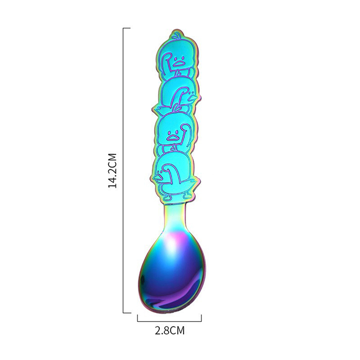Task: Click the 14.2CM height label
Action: click(x=112, y=170)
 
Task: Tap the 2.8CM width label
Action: click(x=170, y=331)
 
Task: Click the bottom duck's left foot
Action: click(x=166, y=197)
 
